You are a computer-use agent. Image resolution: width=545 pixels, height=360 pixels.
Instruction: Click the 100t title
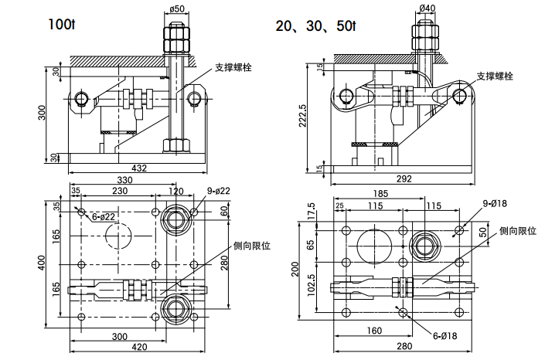coord(63,25)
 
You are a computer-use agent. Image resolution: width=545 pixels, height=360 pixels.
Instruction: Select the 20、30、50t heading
coord(315,25)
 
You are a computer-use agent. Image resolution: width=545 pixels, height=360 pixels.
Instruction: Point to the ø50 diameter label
coord(176,8)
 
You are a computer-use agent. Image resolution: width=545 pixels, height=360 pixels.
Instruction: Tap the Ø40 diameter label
coord(426,8)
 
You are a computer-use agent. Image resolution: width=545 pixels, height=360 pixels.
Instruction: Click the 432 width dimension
coord(139,168)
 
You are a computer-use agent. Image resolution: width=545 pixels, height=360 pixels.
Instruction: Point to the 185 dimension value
coord(380,193)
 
